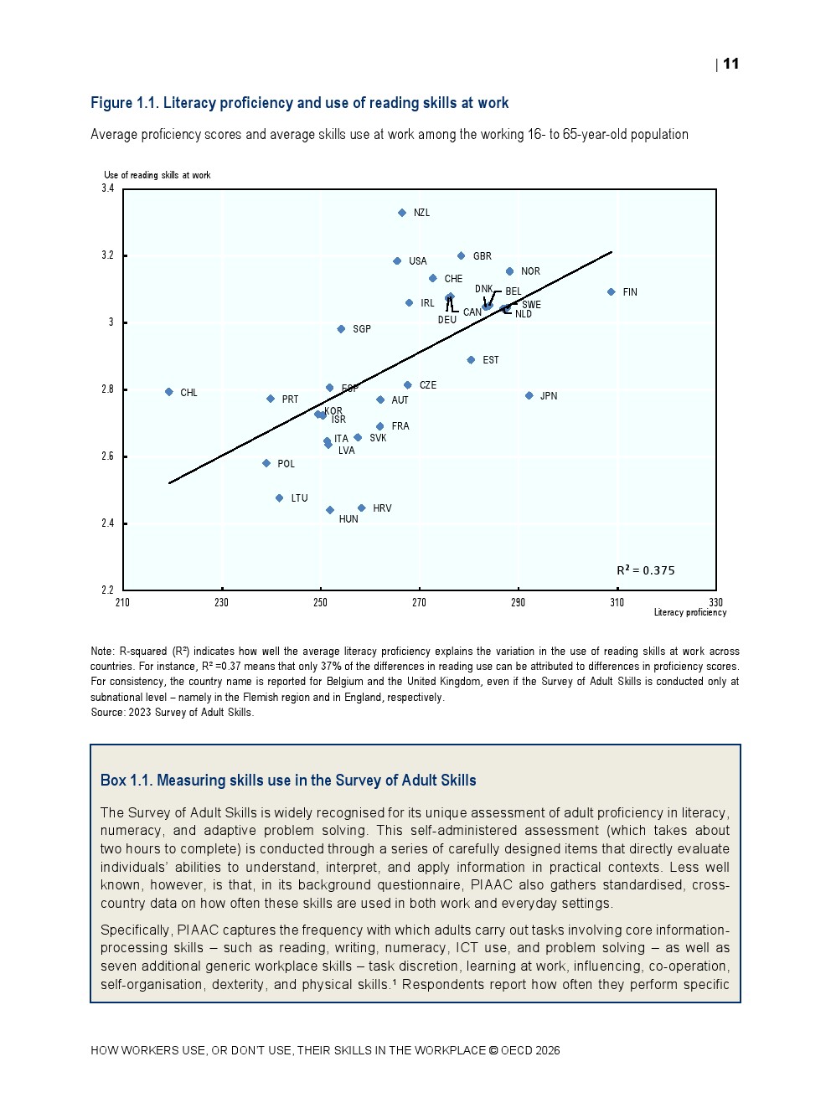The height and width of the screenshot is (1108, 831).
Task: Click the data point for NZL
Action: (402, 213)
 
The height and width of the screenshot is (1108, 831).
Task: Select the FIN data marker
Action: (612, 292)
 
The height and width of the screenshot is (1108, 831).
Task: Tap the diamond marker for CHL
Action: (169, 392)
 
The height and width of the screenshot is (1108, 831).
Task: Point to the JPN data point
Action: (529, 396)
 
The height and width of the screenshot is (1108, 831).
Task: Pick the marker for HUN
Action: (330, 510)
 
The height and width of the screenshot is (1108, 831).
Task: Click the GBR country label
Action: (482, 256)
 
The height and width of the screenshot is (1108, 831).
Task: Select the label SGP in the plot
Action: (361, 329)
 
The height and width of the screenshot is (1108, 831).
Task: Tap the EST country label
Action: (490, 360)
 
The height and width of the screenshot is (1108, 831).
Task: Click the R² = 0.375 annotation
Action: (645, 570)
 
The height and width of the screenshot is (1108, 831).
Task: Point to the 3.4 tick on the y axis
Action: (108, 188)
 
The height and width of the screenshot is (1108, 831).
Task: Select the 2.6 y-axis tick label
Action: (108, 456)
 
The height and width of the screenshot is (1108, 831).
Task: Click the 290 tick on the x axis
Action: (518, 602)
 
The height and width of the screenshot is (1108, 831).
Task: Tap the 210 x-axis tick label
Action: (123, 602)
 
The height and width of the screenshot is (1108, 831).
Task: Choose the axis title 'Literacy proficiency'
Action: (689, 612)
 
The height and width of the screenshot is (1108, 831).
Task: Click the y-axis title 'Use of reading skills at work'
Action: (157, 175)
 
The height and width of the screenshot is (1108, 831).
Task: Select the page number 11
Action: (730, 64)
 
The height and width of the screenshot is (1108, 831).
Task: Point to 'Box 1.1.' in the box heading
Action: (126, 781)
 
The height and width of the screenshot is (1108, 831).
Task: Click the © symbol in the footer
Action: (493, 1050)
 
